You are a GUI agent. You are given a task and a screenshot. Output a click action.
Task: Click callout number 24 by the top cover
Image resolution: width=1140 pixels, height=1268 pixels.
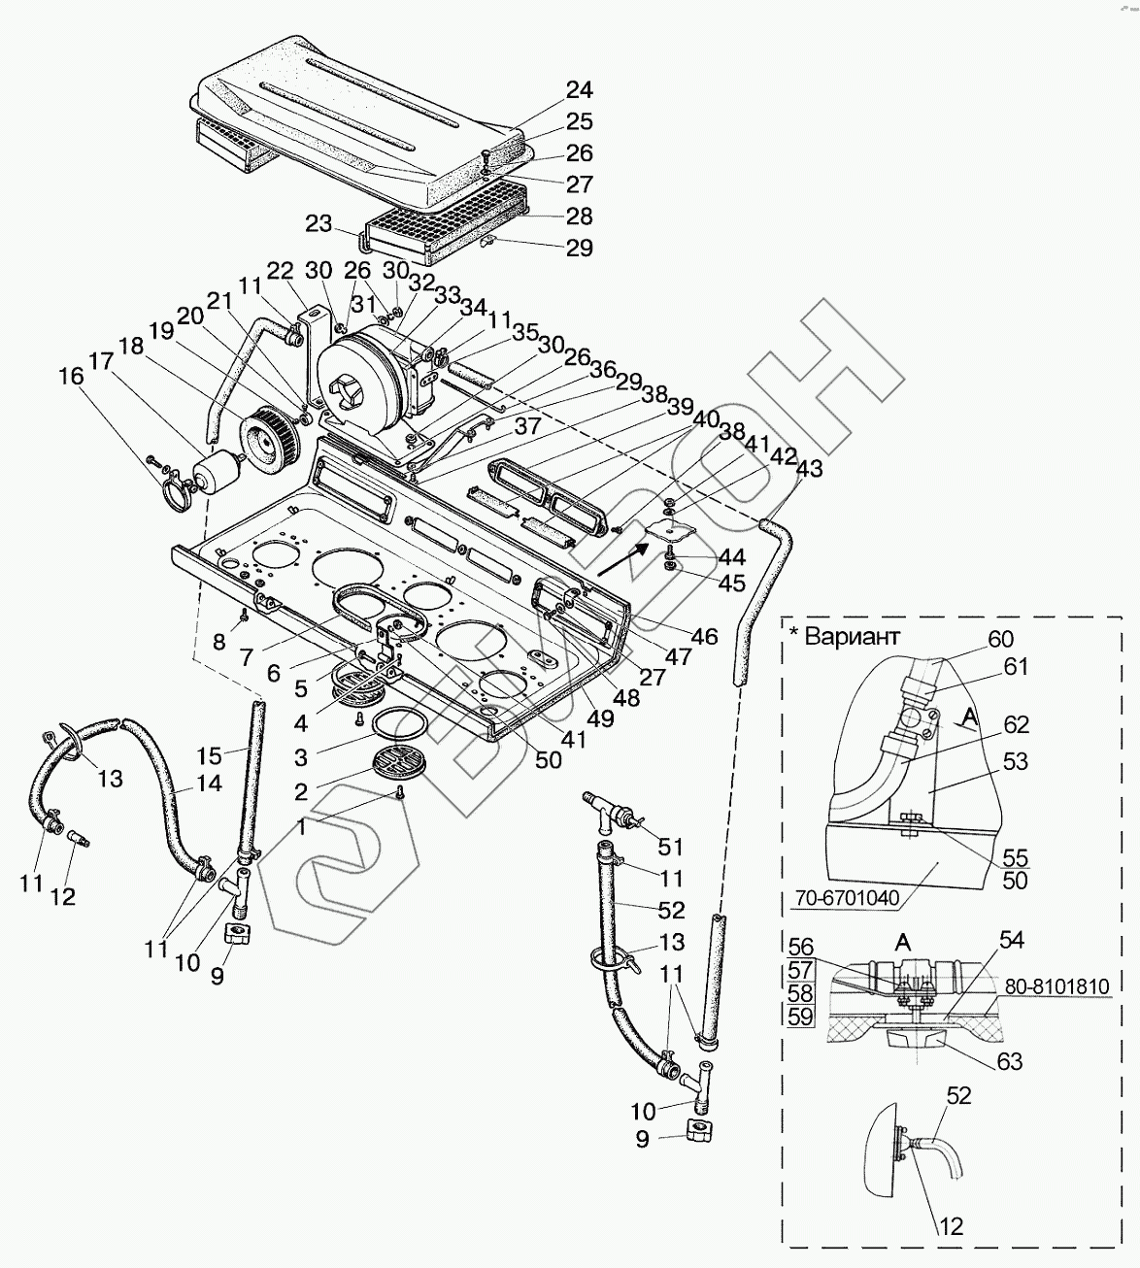(x=580, y=90)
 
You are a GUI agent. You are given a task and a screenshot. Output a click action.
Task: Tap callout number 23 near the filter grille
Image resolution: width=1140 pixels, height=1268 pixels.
(x=319, y=224)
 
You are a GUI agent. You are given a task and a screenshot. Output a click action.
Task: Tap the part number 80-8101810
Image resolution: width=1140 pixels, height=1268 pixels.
(x=1056, y=986)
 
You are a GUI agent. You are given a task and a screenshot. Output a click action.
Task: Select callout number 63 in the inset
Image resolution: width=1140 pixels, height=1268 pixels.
(x=1010, y=1061)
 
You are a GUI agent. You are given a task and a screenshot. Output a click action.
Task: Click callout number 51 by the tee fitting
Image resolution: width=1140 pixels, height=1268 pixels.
(x=671, y=847)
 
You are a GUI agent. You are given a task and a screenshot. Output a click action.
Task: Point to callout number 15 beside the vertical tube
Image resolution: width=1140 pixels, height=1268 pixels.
(x=210, y=754)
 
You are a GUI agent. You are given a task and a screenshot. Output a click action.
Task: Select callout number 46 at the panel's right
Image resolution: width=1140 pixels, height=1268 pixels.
(x=705, y=636)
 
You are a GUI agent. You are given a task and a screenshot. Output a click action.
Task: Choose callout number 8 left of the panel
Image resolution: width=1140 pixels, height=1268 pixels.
(x=218, y=642)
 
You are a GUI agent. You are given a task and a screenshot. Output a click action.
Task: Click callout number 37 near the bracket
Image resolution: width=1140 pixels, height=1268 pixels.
(x=528, y=426)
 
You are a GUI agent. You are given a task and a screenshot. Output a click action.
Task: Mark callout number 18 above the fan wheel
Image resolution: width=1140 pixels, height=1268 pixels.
(x=130, y=348)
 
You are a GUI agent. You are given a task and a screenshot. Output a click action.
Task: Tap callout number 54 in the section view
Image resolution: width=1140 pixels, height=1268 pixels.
(x=1011, y=940)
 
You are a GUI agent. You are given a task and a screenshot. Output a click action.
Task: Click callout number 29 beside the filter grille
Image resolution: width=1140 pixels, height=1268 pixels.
(x=580, y=248)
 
